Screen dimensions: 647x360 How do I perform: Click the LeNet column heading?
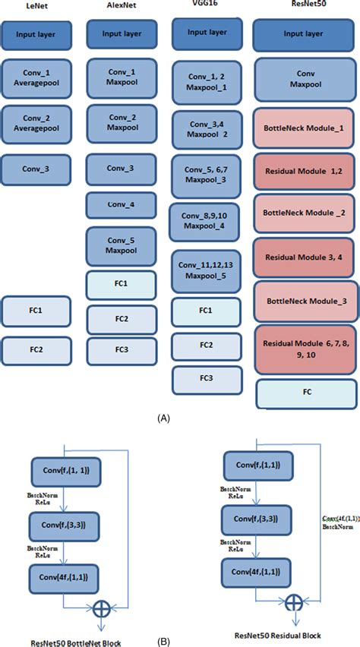pos(36,5)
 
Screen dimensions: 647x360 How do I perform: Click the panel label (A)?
pos(163,418)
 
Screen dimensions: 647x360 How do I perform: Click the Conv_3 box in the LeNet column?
pos(36,169)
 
